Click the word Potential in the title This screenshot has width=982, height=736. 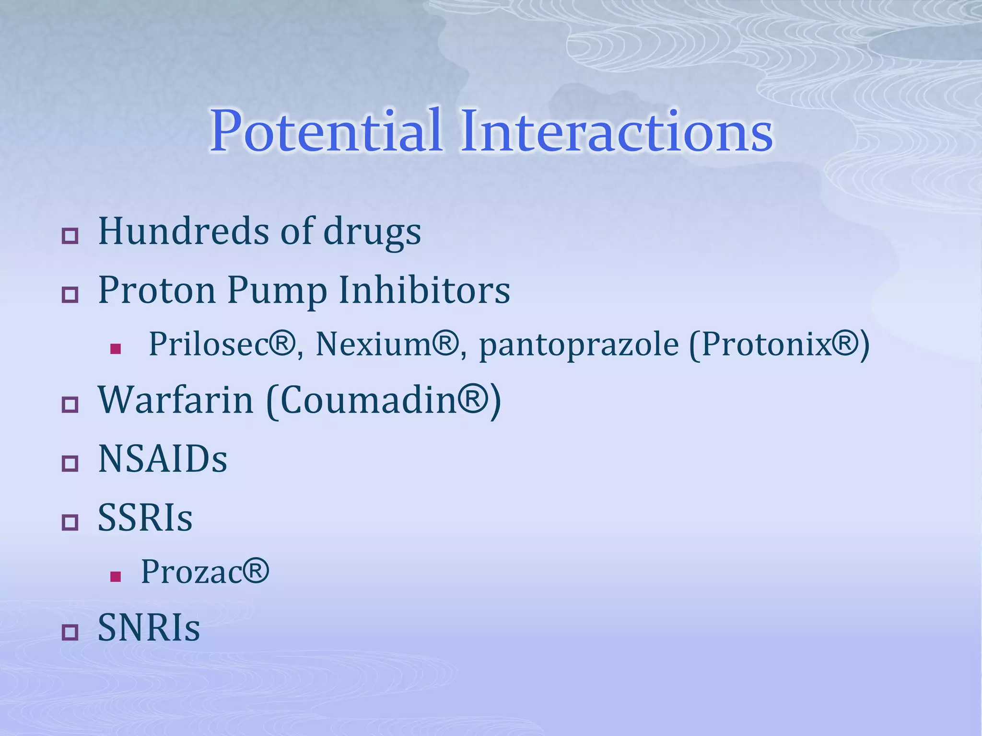326,131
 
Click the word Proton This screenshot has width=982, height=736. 157,290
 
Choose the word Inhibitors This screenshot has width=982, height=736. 424,290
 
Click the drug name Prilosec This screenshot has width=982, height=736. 209,344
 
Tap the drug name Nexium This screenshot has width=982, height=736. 374,344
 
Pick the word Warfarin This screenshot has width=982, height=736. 175,400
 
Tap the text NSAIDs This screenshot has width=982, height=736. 163,459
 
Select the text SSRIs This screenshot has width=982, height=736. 145,518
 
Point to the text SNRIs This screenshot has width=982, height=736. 149,628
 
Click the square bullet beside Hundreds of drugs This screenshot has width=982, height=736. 70,236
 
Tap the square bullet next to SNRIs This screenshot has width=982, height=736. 70,632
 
